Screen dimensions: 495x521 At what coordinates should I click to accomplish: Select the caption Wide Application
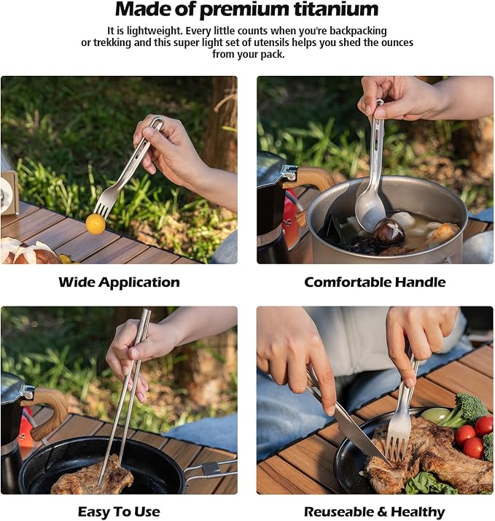(x=119, y=282)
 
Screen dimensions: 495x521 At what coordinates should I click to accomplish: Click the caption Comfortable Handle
(x=375, y=282)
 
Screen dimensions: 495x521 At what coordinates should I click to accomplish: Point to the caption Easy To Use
(x=119, y=512)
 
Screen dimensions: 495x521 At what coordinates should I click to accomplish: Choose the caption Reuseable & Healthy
(x=375, y=512)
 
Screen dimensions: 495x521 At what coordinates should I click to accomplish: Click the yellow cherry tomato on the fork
(x=96, y=224)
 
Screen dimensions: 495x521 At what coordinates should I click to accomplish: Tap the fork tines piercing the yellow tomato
(x=103, y=209)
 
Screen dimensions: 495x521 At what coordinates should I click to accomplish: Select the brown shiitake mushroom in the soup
(x=389, y=232)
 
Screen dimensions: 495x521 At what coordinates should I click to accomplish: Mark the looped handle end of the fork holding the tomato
(x=156, y=122)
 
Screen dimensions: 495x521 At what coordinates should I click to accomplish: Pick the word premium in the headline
(x=244, y=10)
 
